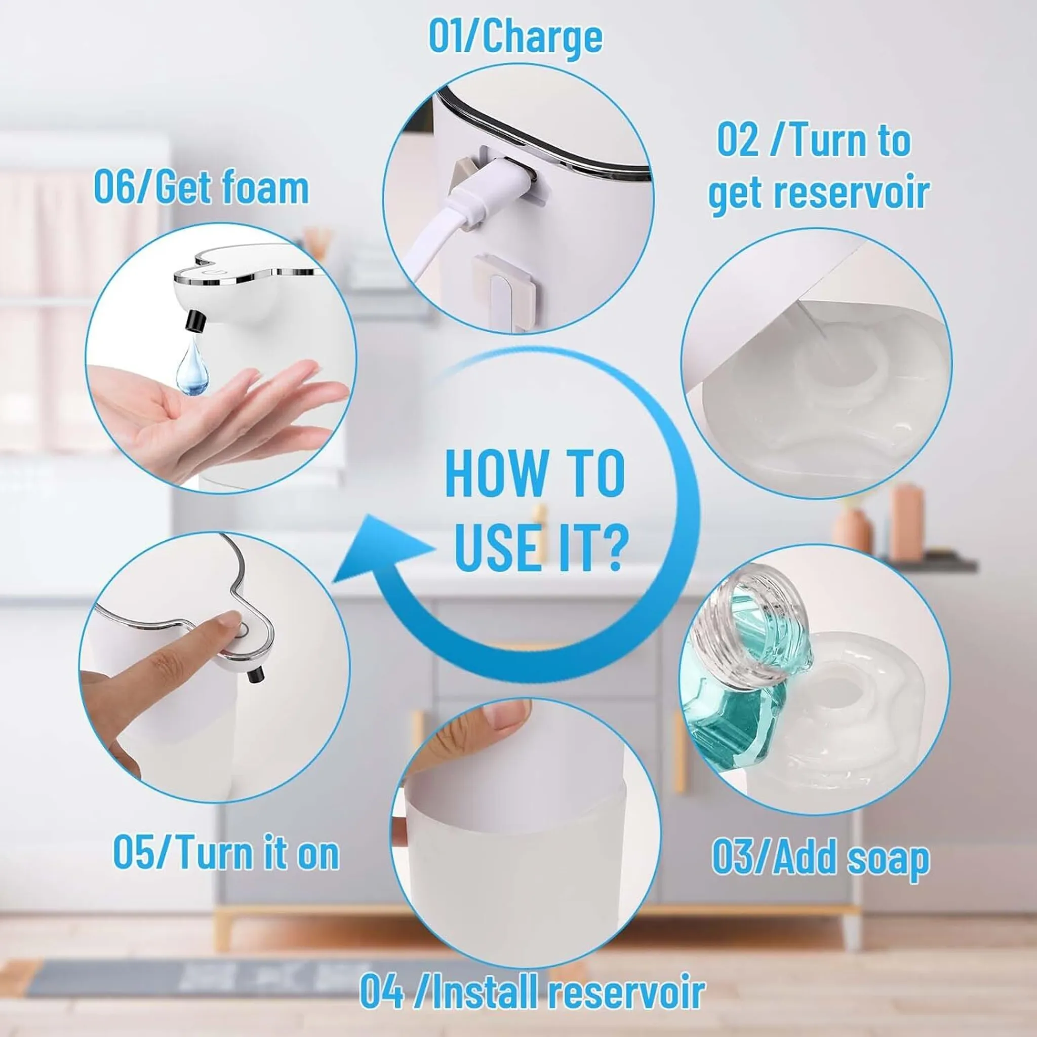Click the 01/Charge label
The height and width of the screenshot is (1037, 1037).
click(515, 36)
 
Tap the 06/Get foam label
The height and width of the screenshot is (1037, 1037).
click(202, 188)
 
